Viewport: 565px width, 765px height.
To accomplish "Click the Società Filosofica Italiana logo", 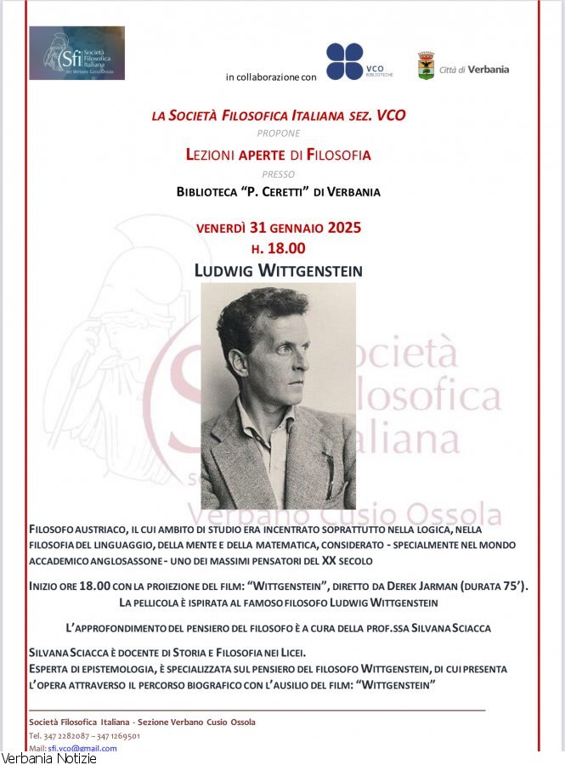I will tap(76, 53).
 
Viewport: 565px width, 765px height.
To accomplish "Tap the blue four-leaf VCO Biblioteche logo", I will tap(345, 61).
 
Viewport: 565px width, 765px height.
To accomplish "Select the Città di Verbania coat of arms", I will tap(426, 66).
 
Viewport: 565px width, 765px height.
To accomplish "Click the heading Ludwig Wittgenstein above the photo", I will tap(278, 271).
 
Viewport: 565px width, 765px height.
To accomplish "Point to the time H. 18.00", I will tap(278, 249).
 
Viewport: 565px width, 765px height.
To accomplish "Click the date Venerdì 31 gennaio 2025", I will tap(279, 228).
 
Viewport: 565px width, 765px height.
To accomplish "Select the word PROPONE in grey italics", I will tap(279, 133).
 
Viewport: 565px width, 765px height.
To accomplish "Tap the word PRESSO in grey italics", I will tap(279, 174).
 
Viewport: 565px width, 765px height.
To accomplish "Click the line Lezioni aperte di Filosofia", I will tap(279, 155).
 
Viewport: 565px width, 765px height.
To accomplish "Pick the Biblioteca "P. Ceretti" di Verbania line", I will tap(279, 192).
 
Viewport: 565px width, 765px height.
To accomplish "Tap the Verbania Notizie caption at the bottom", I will tap(48, 758).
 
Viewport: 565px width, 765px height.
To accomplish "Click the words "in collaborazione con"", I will tap(271, 77).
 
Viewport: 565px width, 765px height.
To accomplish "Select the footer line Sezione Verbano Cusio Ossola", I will tap(196, 722).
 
